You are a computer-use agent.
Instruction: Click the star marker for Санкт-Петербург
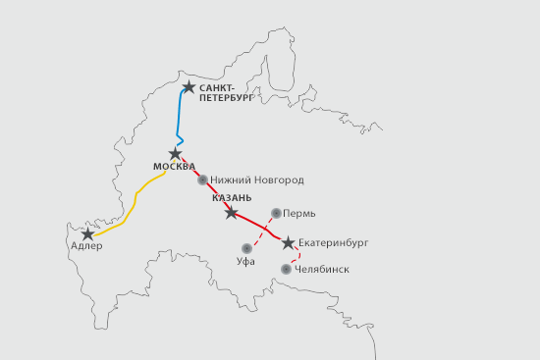click(189, 87)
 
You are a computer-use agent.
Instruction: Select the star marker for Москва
click(176, 154)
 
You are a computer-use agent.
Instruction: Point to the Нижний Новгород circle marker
click(202, 180)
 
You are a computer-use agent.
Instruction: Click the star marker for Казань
click(231, 213)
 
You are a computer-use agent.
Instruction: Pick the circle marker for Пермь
click(276, 212)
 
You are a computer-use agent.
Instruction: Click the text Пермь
click(300, 212)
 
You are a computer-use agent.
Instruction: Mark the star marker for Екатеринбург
click(288, 242)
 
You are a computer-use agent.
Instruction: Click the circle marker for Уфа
click(246, 249)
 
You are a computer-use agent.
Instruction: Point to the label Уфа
click(246, 264)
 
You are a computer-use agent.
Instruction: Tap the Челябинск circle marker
click(286, 269)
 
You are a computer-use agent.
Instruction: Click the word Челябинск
click(322, 269)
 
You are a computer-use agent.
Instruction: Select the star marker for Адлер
click(88, 234)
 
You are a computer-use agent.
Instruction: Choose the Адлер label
click(87, 247)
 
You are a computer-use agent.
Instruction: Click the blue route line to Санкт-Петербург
click(180, 113)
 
